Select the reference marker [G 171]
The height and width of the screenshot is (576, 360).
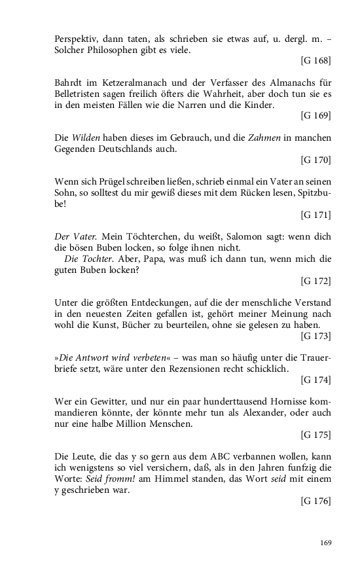tap(315, 214)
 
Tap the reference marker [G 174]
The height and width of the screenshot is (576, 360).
tap(315, 379)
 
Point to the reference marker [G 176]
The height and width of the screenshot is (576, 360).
tap(315, 501)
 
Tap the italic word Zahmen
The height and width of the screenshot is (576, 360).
tap(246, 137)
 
